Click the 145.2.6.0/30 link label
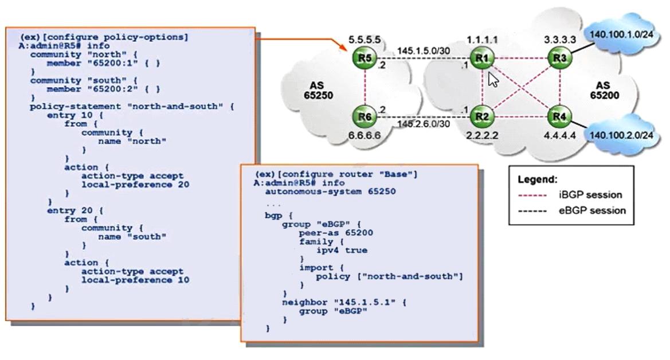(x=421, y=124)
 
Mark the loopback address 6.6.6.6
(x=363, y=135)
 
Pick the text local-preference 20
(x=135, y=185)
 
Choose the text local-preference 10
(x=135, y=280)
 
